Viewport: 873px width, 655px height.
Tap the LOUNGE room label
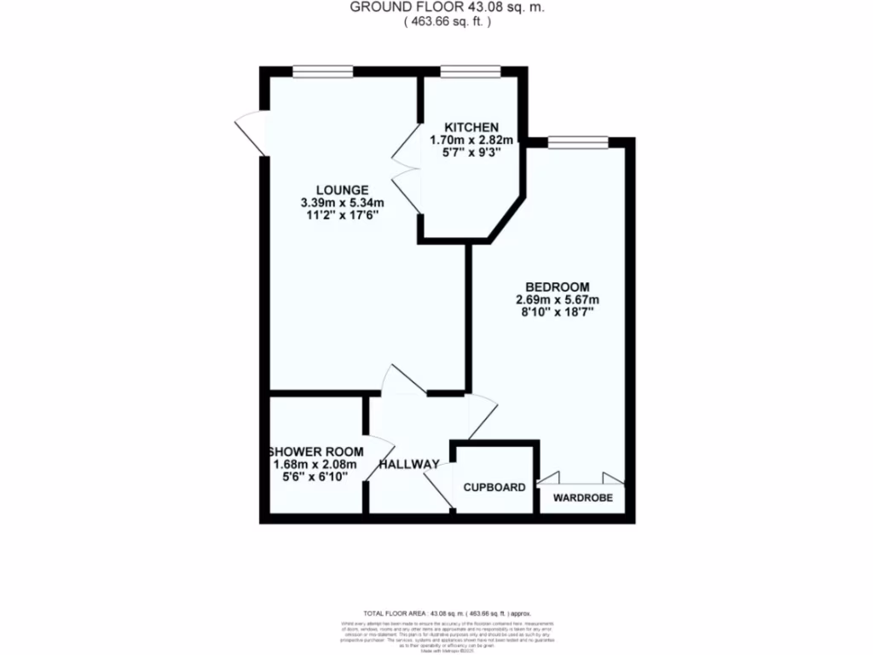click(342, 189)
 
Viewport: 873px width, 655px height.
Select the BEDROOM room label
click(557, 287)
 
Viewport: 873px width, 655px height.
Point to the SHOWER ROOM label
click(316, 451)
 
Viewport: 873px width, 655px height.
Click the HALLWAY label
click(409, 465)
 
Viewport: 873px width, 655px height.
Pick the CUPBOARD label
click(494, 488)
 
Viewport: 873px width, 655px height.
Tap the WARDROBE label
click(582, 497)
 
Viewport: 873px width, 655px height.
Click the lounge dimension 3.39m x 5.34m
click(342, 203)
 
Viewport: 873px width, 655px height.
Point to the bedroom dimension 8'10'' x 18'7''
click(557, 312)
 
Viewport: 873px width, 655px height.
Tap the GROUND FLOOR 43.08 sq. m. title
click(448, 8)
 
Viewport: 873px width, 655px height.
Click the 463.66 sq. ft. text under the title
click(448, 23)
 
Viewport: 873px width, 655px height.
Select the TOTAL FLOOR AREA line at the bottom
click(448, 614)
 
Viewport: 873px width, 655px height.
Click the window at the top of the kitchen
click(458, 72)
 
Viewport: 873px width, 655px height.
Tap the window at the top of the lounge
click(322, 72)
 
